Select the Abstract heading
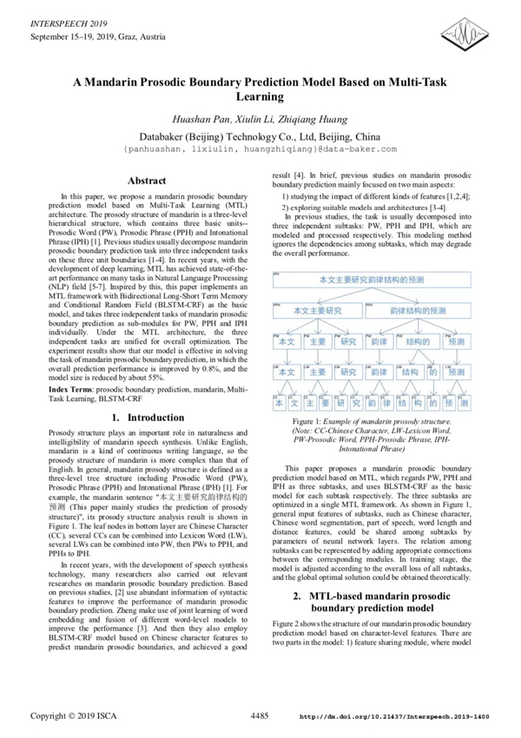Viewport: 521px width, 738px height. pos(147,181)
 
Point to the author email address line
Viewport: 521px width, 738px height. pos(260,149)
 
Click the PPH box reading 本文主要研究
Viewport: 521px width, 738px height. pos(317,309)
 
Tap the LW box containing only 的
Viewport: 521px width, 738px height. pos(432,372)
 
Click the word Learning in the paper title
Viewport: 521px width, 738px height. pos(260,97)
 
